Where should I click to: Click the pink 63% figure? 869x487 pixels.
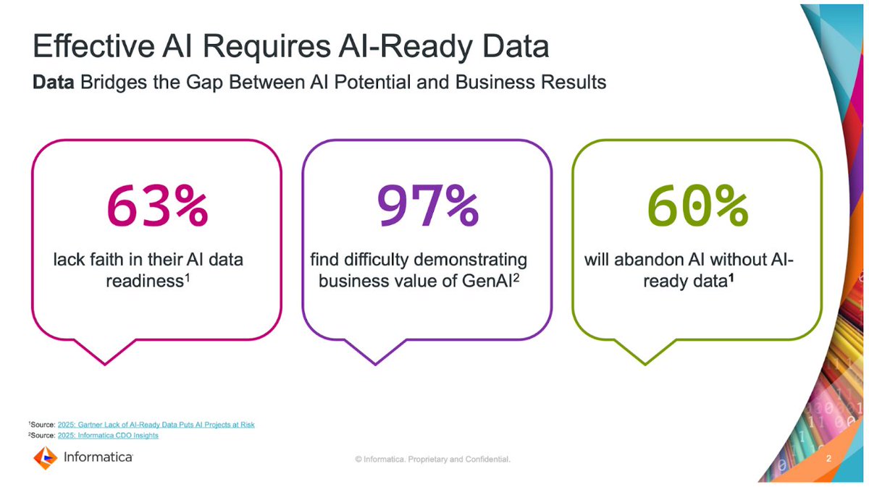point(157,206)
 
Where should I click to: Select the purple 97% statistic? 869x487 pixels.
point(427,206)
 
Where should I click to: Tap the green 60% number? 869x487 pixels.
point(697,206)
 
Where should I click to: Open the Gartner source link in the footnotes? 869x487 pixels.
point(156,424)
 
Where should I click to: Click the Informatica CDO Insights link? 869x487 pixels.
point(108,436)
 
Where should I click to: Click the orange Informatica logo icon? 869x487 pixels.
point(45,457)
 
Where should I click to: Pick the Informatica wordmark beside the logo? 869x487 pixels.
point(98,457)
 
